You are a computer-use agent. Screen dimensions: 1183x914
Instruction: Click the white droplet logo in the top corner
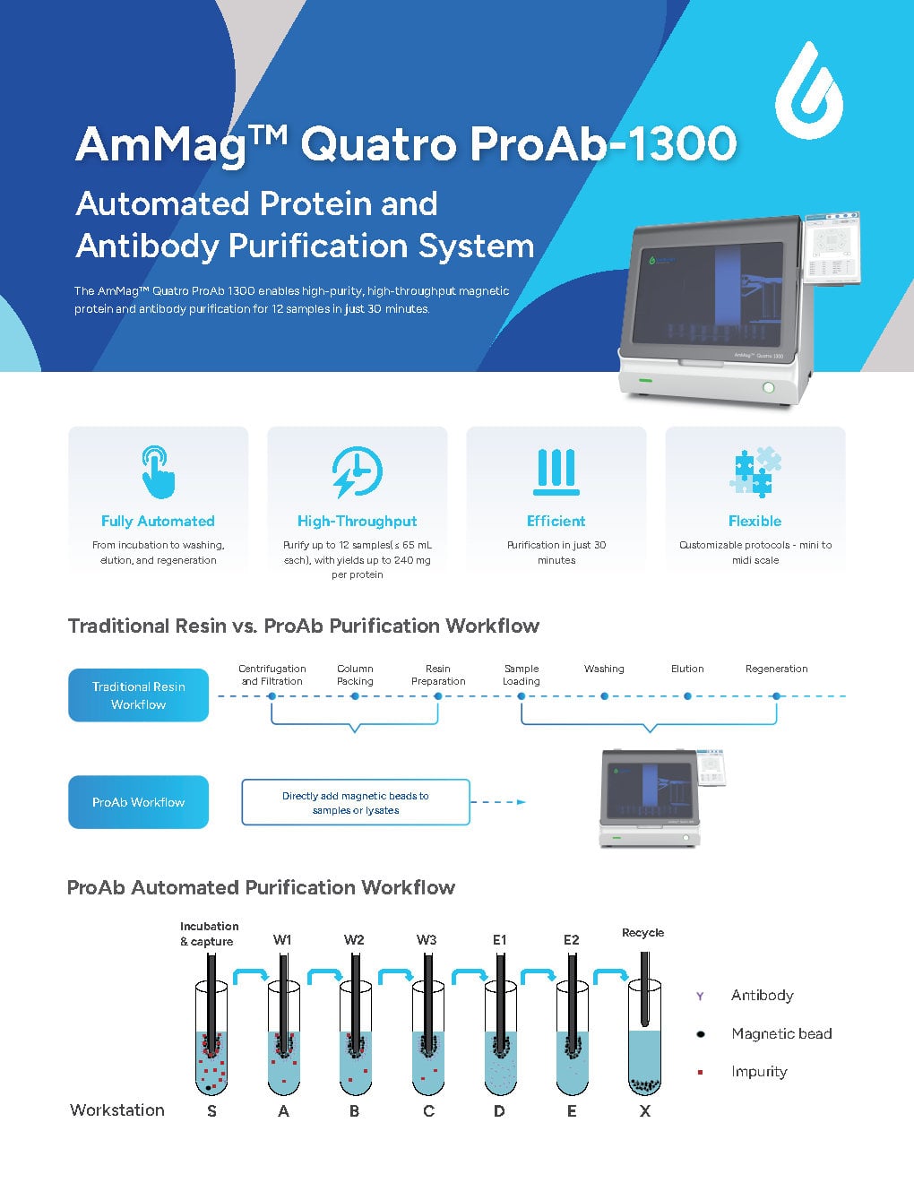(808, 92)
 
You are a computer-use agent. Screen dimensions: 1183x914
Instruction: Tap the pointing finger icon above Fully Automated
(159, 472)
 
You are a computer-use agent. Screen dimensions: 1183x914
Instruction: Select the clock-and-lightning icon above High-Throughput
(357, 472)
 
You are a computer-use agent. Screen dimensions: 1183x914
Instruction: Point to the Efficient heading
(556, 521)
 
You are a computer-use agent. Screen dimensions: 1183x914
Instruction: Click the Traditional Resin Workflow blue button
(138, 695)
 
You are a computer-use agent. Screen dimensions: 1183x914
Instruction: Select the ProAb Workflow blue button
(138, 802)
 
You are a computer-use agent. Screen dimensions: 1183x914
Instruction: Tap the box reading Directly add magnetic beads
(356, 802)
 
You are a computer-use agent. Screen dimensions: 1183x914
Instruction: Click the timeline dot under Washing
(604, 696)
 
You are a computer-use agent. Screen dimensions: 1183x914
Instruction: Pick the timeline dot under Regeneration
(776, 696)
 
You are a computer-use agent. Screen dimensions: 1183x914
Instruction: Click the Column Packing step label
(355, 675)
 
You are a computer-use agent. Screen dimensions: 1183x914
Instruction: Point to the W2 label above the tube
(354, 940)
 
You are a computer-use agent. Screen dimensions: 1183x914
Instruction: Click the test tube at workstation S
(211, 1040)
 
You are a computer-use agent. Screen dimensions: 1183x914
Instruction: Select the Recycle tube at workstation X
(644, 1040)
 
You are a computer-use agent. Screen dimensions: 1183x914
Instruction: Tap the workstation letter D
(499, 1111)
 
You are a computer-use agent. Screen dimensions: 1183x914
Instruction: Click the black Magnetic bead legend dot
(700, 1034)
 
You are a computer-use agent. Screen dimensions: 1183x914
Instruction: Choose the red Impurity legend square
(700, 1072)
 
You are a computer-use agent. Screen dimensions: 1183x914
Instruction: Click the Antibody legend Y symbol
(700, 996)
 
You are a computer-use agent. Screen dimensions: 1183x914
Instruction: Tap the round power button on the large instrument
(768, 387)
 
